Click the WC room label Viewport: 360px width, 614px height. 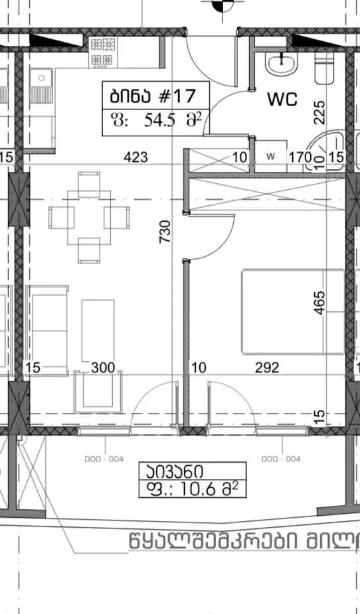[282, 100]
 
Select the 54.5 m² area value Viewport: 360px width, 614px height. [157, 120]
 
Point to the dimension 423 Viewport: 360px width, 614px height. [136, 158]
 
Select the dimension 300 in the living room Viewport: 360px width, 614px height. [103, 367]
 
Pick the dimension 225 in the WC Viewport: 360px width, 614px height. [319, 112]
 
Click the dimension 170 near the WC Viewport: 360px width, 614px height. [296, 158]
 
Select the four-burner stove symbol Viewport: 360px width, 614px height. [102, 52]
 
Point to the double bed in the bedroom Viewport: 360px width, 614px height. [292, 311]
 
